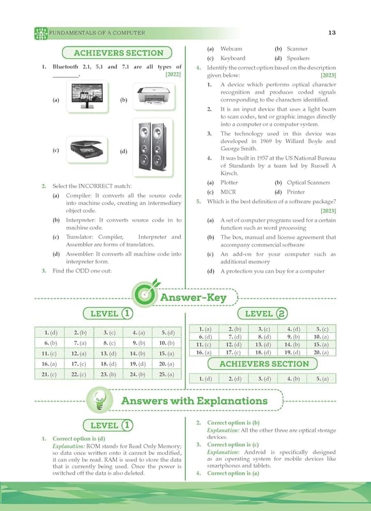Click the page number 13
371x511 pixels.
332,33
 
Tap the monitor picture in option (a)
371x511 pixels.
87,96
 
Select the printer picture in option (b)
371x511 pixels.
154,96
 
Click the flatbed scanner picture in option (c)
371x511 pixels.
87,149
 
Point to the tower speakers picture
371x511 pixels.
153,147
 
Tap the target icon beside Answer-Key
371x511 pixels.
144,294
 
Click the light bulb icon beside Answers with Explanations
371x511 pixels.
100,400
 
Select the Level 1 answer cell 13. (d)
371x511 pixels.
108,354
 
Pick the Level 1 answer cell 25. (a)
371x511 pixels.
167,374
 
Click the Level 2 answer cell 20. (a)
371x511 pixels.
321,353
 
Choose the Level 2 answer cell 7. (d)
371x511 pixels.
234,337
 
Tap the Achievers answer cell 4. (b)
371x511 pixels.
292,379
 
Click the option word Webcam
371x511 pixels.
231,49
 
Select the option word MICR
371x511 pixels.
228,192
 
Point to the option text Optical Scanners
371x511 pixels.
308,183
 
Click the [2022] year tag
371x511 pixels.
173,74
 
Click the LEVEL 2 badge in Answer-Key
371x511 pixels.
262,314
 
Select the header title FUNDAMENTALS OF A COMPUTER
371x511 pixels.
97,33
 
